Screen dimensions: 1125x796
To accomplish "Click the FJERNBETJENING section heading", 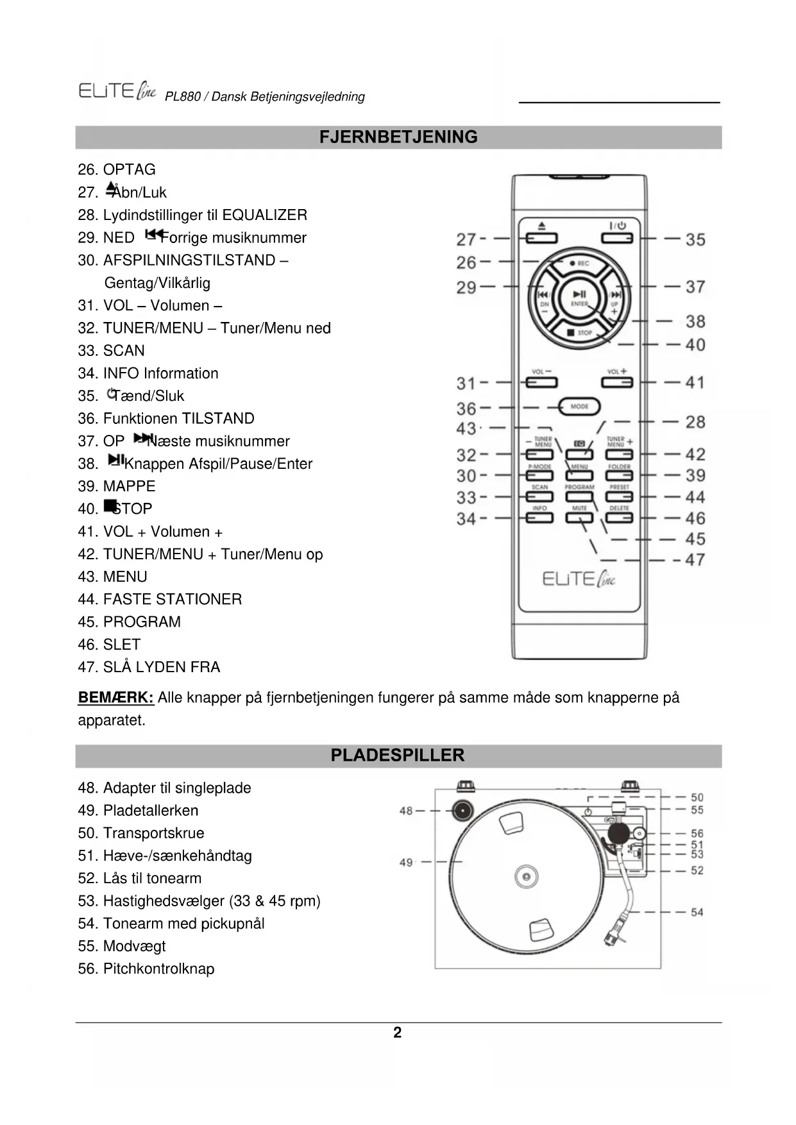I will click(x=398, y=137).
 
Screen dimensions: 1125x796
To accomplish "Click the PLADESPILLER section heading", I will click(x=398, y=756).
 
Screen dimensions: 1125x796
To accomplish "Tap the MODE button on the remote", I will click(x=579, y=407).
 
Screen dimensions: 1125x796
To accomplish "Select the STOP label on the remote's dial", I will click(x=584, y=333).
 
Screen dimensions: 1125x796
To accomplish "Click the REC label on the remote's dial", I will click(x=582, y=264).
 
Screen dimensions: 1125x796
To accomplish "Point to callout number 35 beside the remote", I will click(x=695, y=240).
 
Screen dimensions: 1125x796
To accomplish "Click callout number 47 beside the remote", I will click(x=695, y=560).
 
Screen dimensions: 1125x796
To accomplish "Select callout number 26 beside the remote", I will click(x=466, y=262).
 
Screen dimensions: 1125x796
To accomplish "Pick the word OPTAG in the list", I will click(x=130, y=170).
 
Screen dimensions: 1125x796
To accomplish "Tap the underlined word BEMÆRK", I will click(x=115, y=698).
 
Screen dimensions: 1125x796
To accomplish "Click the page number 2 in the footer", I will click(x=398, y=1033).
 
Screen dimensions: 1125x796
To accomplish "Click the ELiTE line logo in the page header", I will click(x=117, y=91).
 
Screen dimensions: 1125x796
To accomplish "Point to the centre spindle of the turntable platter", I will click(x=525, y=876).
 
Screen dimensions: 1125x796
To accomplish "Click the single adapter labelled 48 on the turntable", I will click(x=461, y=811).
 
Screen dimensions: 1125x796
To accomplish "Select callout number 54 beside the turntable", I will click(x=697, y=912).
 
